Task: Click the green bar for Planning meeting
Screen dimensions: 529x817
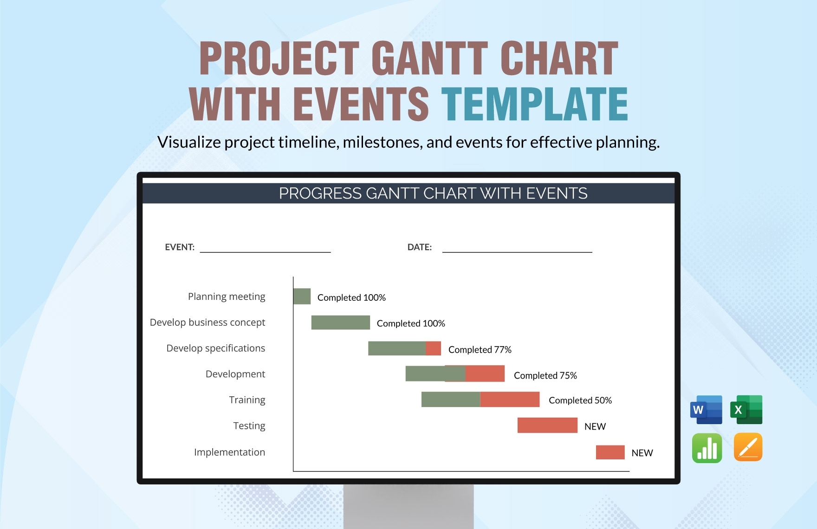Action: [302, 297]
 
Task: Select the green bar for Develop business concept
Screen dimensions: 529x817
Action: [340, 323]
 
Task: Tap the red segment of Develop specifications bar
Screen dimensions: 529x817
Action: [433, 348]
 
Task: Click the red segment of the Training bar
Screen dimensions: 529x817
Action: [510, 400]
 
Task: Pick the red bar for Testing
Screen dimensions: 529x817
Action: [547, 426]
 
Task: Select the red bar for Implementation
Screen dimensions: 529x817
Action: [610, 452]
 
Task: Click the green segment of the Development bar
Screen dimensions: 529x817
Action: [425, 374]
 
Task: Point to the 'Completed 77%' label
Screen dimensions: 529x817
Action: [480, 349]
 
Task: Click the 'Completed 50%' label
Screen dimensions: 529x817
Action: [580, 400]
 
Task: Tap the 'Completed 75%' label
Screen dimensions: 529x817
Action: [545, 375]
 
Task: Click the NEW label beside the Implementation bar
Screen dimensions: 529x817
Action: [642, 453]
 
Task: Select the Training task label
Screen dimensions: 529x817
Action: [247, 400]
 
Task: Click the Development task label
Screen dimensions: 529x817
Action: [235, 374]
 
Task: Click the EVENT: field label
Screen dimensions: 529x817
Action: [180, 247]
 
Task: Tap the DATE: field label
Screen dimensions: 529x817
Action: [419, 247]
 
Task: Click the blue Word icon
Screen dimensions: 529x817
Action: [706, 410]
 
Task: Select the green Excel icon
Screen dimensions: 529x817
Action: [746, 410]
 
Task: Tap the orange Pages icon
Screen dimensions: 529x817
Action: [748, 447]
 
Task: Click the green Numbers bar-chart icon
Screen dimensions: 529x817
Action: [707, 448]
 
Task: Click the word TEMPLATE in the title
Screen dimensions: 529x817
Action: [534, 104]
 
